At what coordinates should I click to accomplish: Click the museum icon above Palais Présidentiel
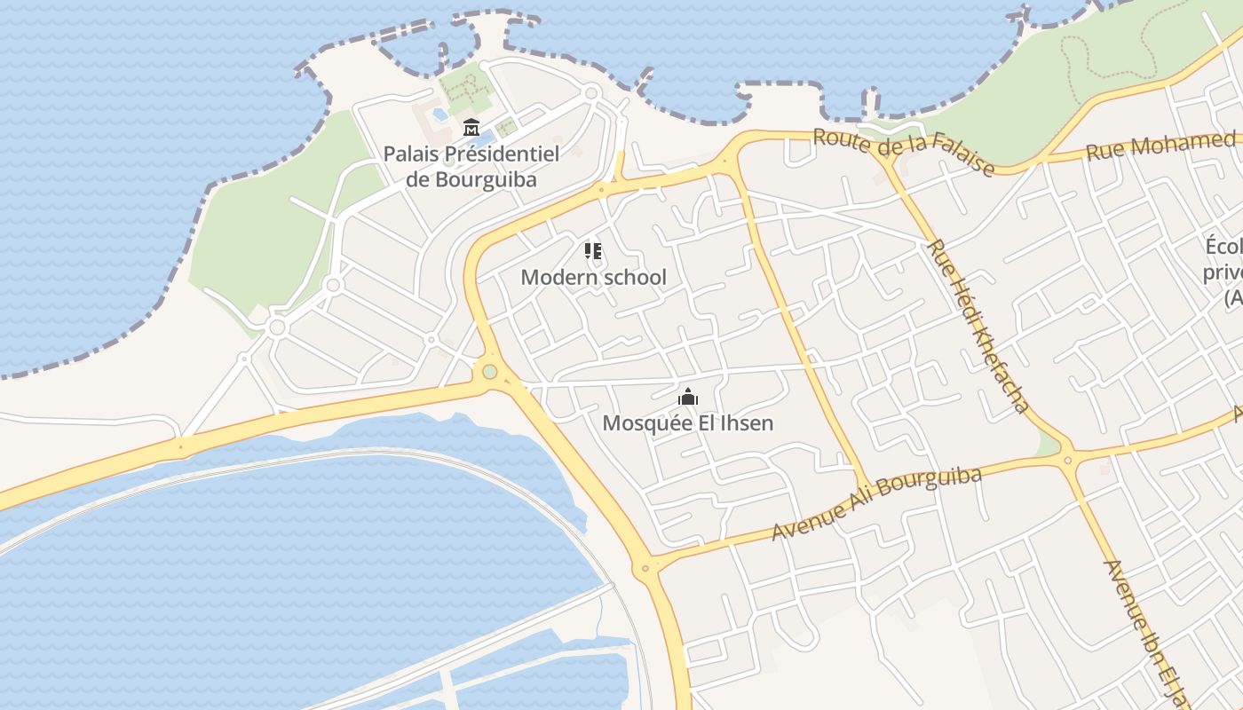coord(471,128)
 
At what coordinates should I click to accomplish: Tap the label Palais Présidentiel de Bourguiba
coord(471,166)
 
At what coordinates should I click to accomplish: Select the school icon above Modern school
coord(593,251)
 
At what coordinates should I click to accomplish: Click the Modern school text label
coord(593,277)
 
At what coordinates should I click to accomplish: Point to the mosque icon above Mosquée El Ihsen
coord(687,397)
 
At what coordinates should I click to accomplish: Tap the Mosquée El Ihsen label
coord(687,422)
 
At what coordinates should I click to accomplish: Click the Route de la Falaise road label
coord(903,151)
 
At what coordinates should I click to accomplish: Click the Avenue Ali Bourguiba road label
coord(876,503)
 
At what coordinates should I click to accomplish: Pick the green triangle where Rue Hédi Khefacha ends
coord(1050,446)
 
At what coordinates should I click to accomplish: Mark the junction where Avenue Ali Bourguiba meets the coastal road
coord(645,567)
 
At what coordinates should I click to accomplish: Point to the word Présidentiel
coord(502,154)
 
